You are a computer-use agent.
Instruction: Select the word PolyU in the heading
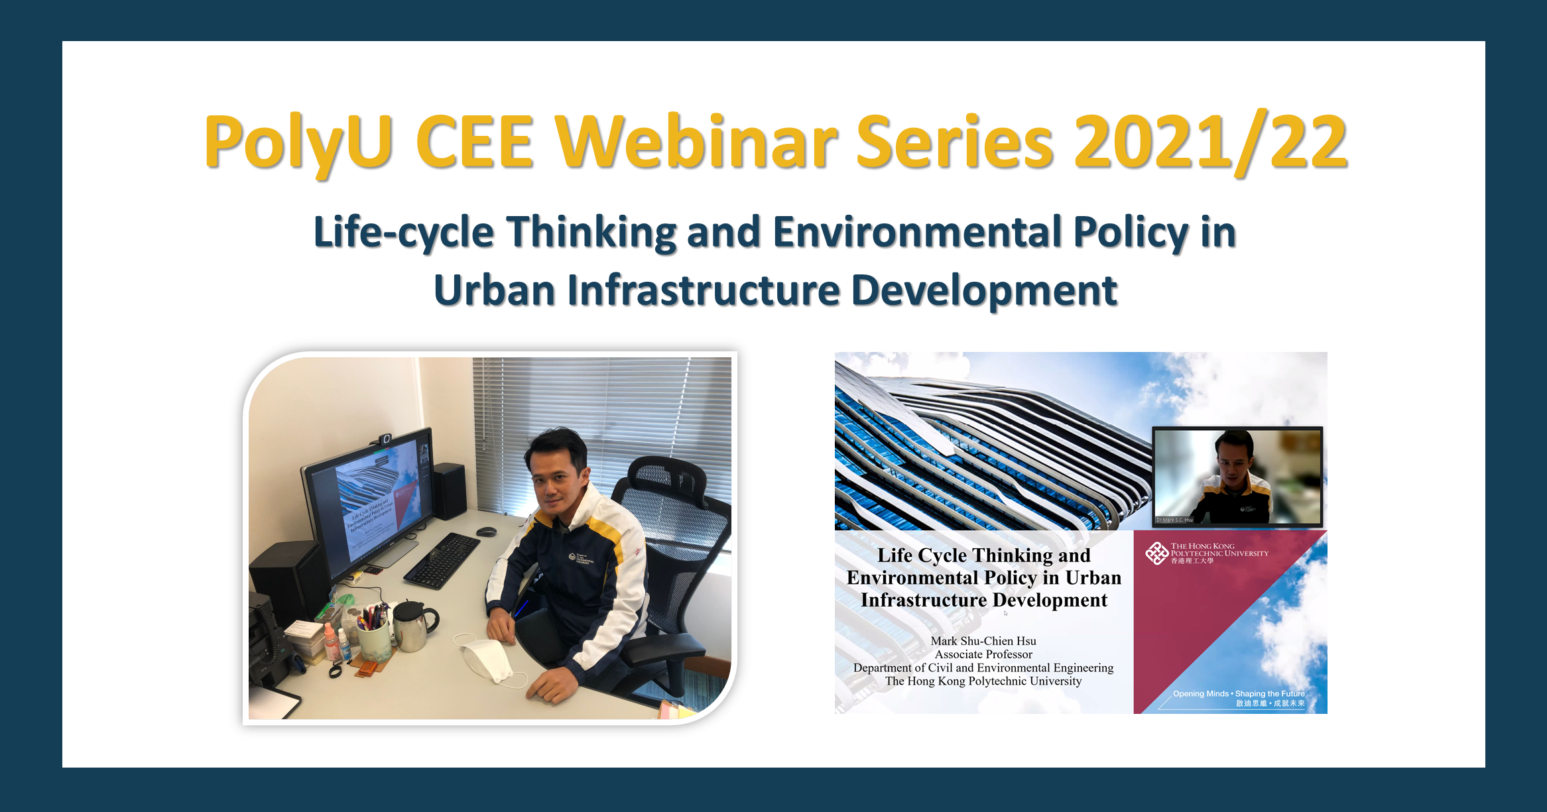pos(298,143)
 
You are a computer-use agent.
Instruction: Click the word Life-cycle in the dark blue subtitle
pos(403,233)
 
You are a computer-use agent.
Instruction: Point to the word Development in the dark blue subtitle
pos(984,291)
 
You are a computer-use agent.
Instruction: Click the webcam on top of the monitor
pos(385,439)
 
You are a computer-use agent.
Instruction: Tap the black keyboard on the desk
pos(443,560)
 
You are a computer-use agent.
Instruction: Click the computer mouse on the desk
pos(486,532)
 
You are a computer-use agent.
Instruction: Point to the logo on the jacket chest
pos(577,557)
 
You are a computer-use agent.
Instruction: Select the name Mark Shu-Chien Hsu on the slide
pos(983,641)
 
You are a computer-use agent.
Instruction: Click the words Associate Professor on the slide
pos(983,654)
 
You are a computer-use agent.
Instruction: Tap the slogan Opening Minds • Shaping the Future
pos(1238,694)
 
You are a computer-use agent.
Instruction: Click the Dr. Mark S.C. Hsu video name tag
pos(1174,520)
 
